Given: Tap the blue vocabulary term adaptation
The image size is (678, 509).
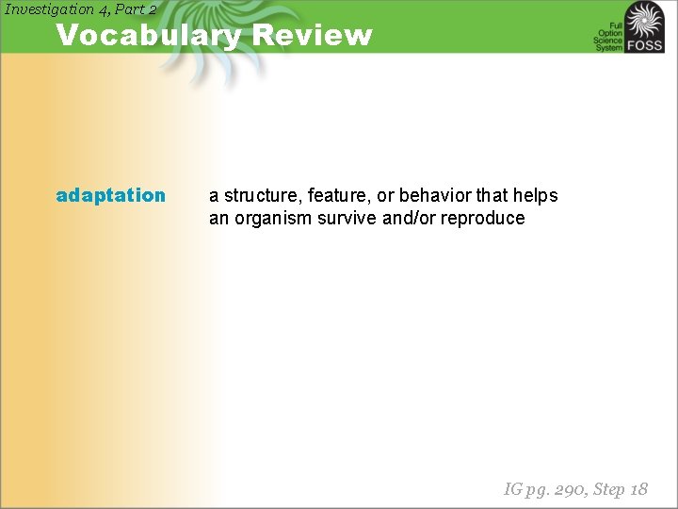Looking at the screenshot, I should pos(110,195).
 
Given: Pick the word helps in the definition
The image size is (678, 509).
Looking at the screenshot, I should pos(536,195).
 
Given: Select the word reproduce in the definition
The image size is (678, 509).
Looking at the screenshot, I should pos(488,218).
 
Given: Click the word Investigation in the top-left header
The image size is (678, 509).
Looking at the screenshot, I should pos(49,9).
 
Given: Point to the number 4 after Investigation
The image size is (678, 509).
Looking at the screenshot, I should pos(104,9).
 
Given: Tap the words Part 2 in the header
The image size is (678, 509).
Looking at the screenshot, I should pos(135,9).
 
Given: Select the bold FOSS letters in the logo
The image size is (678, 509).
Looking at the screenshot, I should pos(647,45).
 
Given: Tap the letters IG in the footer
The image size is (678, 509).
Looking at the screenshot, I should pos(513,488).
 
